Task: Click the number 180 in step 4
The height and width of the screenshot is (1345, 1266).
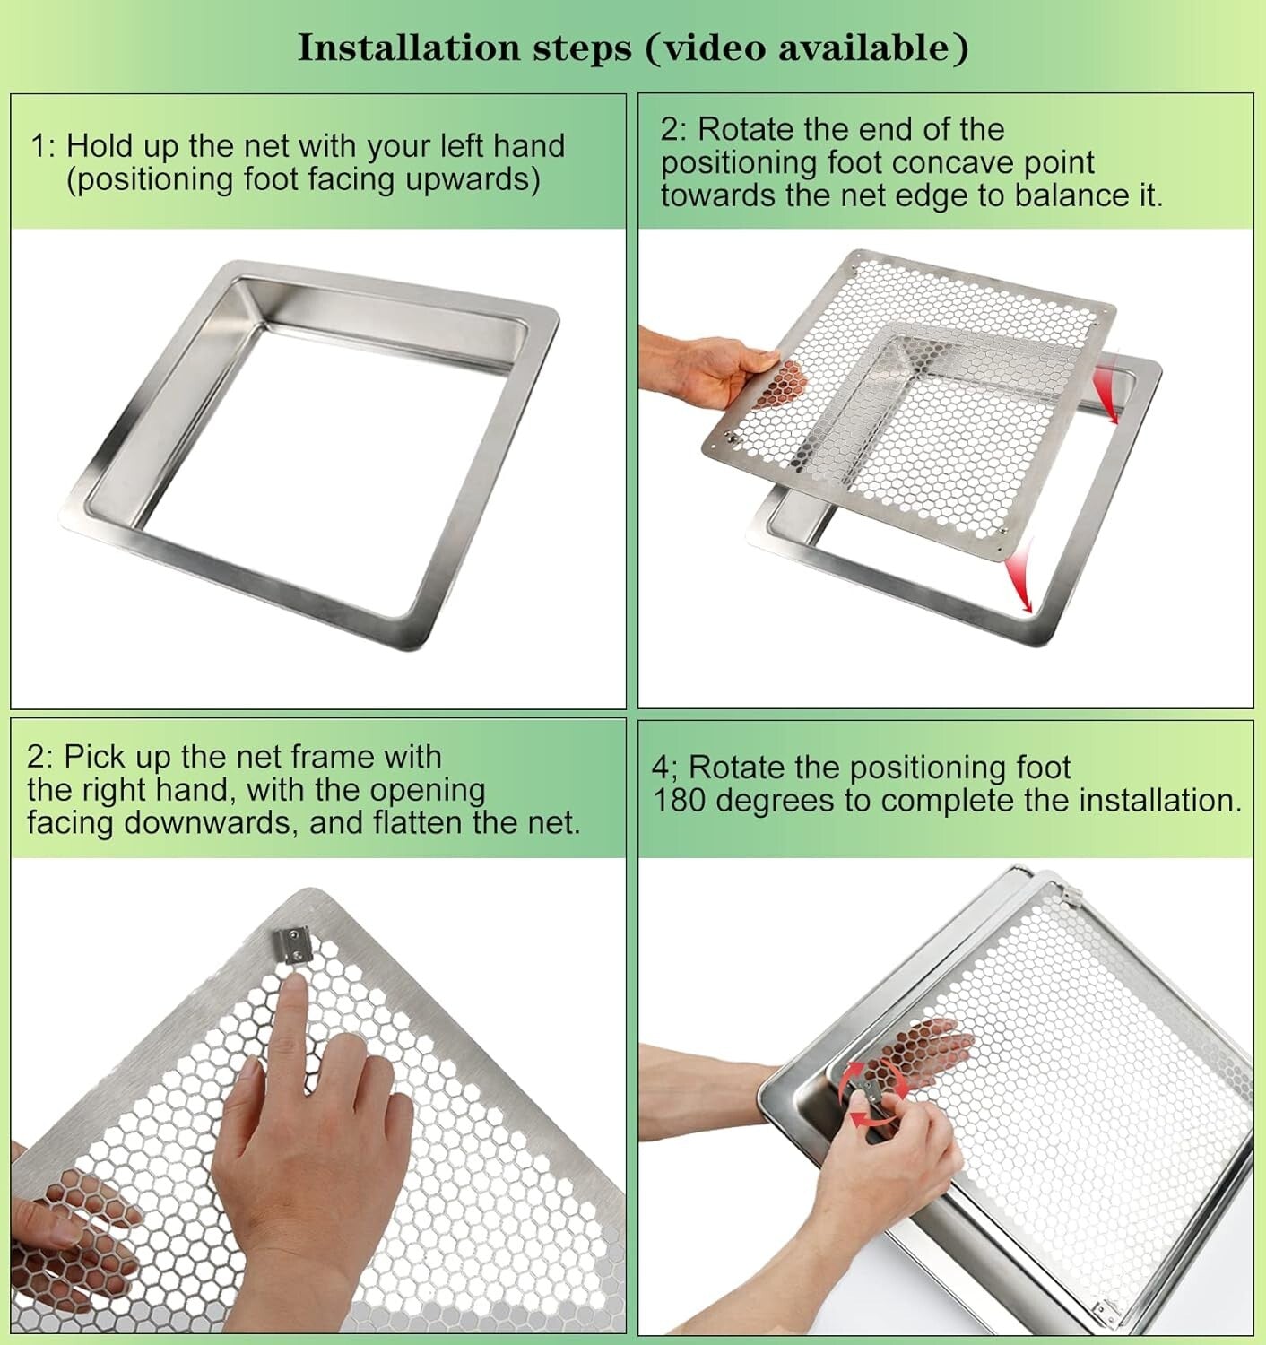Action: click(x=681, y=800)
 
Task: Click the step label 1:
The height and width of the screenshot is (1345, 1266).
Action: click(x=44, y=146)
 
